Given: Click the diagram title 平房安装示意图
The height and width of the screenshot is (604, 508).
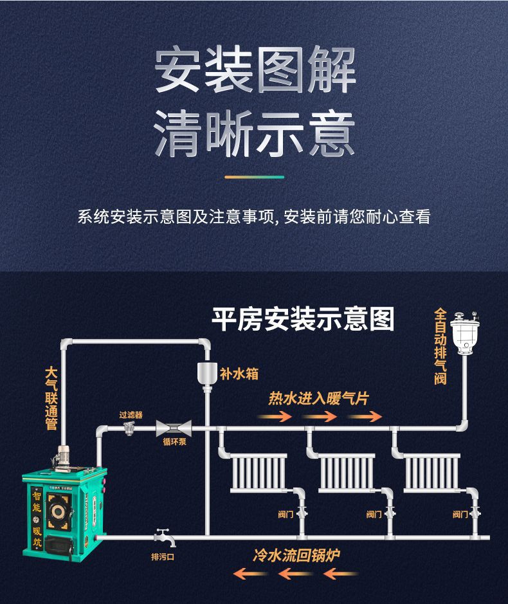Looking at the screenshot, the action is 303,319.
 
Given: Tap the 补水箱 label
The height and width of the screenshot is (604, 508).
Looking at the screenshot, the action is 239,373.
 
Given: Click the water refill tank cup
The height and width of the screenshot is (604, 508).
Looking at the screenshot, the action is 206,374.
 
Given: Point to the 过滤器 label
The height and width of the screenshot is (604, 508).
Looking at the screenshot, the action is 131,415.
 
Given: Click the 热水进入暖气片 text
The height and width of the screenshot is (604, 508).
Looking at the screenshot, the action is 318,399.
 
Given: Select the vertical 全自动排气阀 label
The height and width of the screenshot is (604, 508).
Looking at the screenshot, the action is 440,347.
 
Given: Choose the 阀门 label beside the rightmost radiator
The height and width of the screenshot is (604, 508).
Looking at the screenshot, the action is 460,514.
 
